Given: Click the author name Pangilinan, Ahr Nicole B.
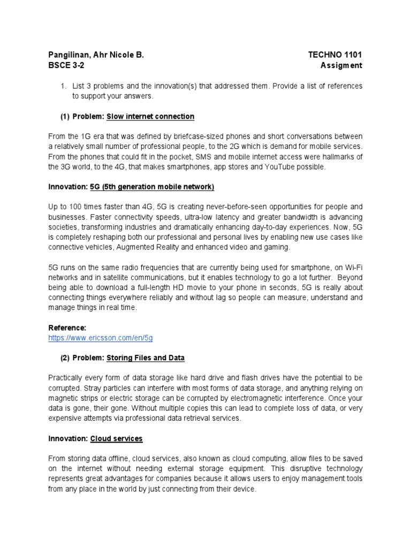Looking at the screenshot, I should click(96, 55).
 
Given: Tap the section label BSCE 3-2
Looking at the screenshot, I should click(66, 65).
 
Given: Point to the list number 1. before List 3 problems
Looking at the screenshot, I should click(63, 86).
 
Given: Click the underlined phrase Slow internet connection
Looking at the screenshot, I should click(150, 116).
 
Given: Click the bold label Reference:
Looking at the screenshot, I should click(67, 328).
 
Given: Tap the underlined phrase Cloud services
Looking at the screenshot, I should click(116, 438).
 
